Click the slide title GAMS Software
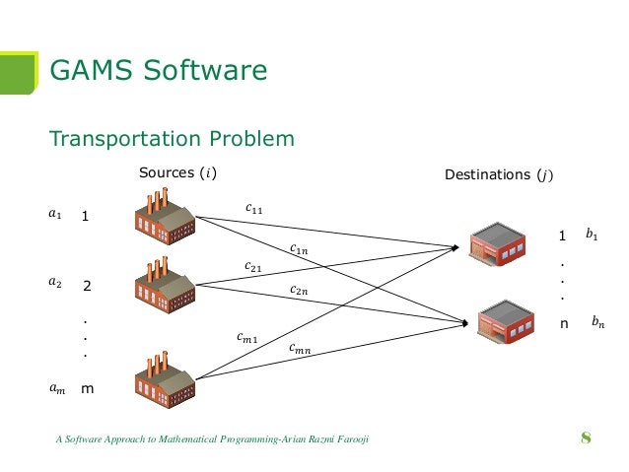[x=158, y=70]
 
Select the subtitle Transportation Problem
[x=172, y=138]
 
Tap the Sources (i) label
[x=177, y=174]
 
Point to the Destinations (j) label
[x=500, y=174]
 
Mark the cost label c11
[x=253, y=208]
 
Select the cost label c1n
[x=299, y=249]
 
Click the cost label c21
[x=253, y=266]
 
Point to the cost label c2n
[x=299, y=290]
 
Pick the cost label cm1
[x=247, y=338]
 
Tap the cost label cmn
[x=300, y=348]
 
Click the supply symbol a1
[x=55, y=213]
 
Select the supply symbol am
[x=56, y=388]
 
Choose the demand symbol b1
[x=592, y=235]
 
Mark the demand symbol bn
[x=597, y=321]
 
